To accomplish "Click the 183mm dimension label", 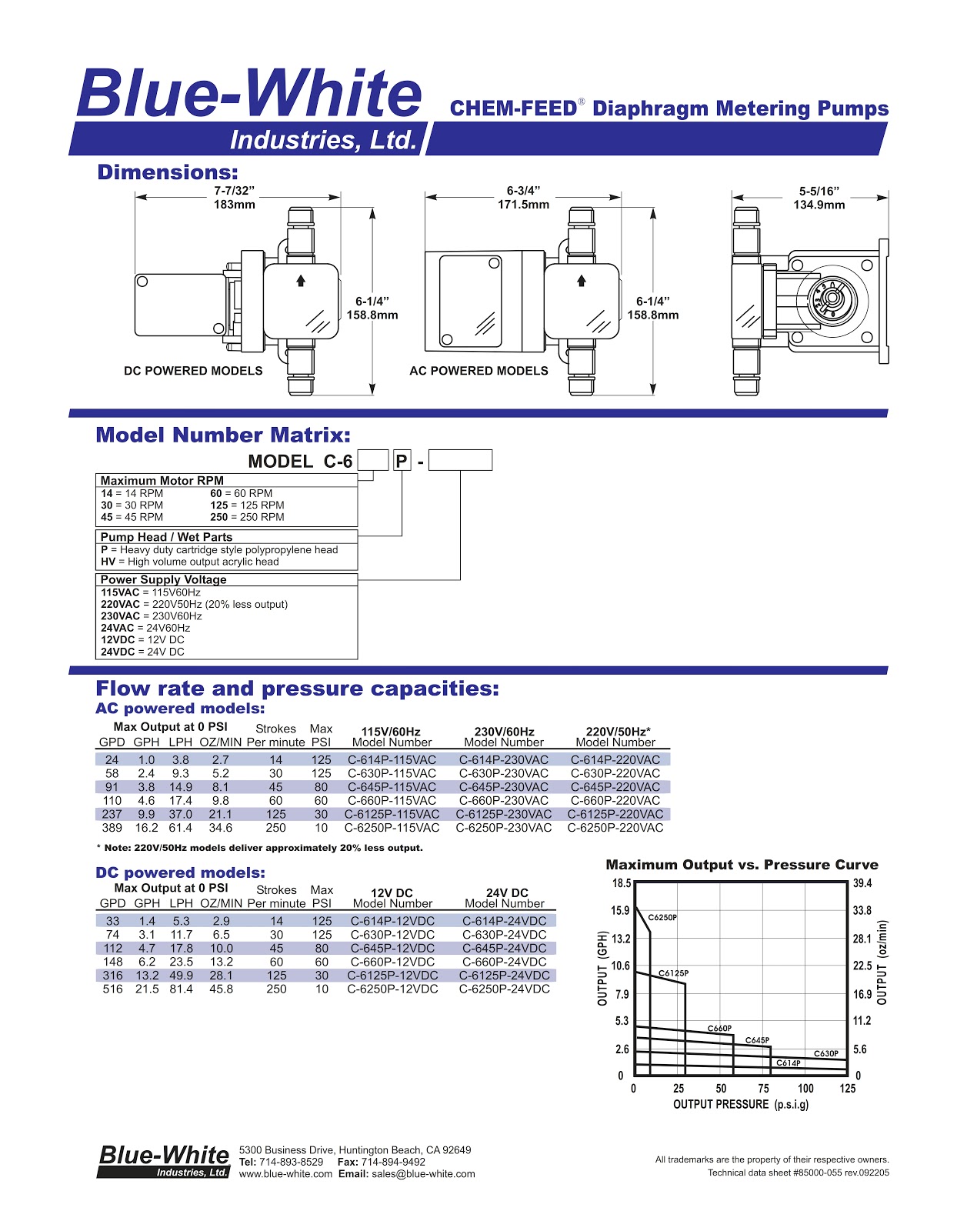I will pos(234,205).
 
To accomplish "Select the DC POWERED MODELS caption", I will pos(193,371).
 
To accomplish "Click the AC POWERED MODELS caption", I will pos(478,371).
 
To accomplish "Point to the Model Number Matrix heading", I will pos(223,435).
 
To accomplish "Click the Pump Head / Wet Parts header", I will pos(166,537).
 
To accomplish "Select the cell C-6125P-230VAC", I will pos(504,815).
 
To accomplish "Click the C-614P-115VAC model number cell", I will pos(392,760).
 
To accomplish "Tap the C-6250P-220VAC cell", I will pos(615,829).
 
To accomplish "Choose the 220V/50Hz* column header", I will pos(618,732).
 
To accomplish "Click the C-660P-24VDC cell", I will pos(505,962).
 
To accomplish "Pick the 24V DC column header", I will pos(507,893).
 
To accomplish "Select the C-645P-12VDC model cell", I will pos(392,949).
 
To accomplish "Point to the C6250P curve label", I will pos(662,918).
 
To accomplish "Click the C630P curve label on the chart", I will pos(826,1054).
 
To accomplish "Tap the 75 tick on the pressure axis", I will pos(763,1089).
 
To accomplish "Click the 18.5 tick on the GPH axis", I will pos(621,883).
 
